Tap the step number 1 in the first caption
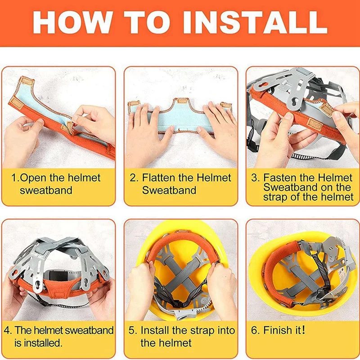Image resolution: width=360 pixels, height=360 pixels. pyautogui.click(x=14, y=178)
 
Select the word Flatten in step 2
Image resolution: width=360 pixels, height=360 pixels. pyautogui.click(x=158, y=178)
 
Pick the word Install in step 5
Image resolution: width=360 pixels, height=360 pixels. pyautogui.click(x=155, y=330)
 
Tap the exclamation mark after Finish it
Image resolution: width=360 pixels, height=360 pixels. pyautogui.click(x=303, y=330)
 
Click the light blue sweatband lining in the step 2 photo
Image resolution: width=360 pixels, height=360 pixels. pyautogui.click(x=181, y=119)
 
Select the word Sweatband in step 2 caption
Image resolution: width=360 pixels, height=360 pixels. pyautogui.click(x=169, y=190)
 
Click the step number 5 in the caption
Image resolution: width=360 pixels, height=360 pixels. pyautogui.click(x=132, y=330)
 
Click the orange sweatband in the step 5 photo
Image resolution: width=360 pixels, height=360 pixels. pyautogui.click(x=181, y=244)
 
